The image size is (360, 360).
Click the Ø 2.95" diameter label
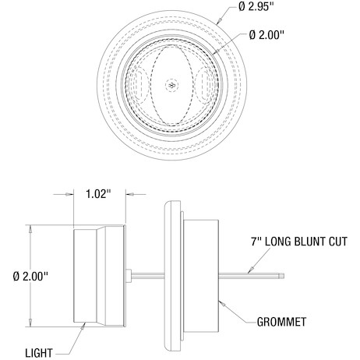point(256,6)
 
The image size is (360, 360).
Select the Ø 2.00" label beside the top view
point(267,35)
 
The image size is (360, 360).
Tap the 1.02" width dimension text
point(98,194)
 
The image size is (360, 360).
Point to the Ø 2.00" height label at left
point(30,276)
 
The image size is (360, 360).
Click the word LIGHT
point(39,353)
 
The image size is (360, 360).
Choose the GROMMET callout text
point(281,322)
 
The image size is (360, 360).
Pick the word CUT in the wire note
point(338,242)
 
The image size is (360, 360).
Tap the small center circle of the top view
point(171,85)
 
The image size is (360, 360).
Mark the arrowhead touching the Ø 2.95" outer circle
point(220,21)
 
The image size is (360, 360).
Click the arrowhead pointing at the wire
point(250,270)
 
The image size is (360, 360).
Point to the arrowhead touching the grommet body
point(222,303)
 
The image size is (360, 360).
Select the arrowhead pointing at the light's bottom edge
point(83,326)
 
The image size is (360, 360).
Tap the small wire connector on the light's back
point(129,276)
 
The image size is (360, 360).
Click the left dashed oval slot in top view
point(140,85)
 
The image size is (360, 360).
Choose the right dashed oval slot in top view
point(203,85)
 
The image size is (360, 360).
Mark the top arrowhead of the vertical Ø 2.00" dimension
point(30,229)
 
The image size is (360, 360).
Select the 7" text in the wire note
point(255,242)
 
